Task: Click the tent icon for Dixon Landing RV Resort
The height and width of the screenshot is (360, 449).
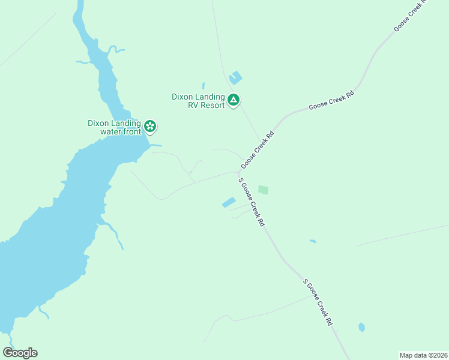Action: (233, 100)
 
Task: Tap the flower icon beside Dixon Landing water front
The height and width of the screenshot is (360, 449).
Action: (150, 126)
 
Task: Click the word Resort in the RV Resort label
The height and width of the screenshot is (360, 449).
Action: (210, 105)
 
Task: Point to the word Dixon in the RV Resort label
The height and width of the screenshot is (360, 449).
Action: (183, 96)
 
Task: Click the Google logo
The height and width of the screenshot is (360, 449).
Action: (20, 353)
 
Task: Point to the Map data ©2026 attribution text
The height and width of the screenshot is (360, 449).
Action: (423, 355)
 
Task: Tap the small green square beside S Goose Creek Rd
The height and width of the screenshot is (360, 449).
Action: (263, 190)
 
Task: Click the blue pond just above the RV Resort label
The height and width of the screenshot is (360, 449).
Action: (235, 78)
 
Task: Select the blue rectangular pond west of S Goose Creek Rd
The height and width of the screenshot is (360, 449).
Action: (229, 203)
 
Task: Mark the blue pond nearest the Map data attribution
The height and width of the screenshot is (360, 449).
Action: (361, 327)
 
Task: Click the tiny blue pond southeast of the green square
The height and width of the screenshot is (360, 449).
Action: (313, 241)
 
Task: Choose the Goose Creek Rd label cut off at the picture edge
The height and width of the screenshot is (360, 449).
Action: (409, 15)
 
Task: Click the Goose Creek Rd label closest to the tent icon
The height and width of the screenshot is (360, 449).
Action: (258, 150)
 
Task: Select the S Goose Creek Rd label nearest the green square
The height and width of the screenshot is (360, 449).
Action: (252, 201)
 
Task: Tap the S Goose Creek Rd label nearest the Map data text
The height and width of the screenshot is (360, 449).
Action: (318, 301)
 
